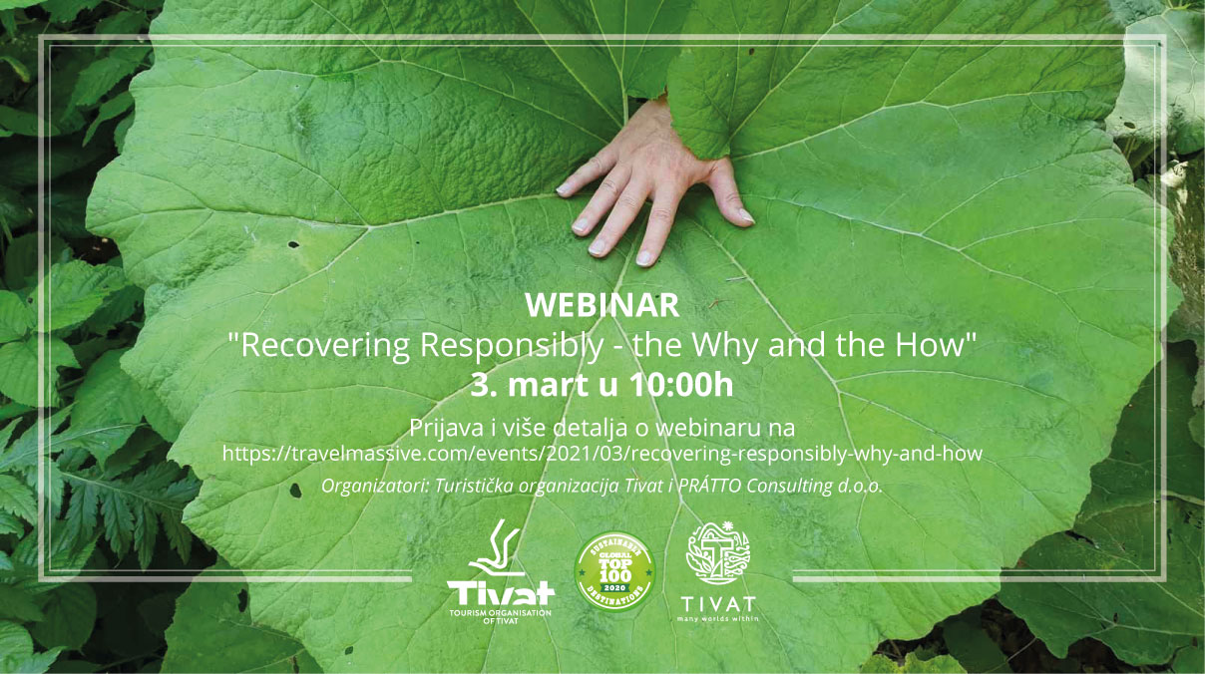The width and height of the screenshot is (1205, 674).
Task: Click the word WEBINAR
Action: tap(602, 305)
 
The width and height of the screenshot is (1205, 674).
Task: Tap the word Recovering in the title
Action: tap(325, 345)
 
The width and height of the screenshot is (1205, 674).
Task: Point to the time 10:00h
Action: tap(681, 386)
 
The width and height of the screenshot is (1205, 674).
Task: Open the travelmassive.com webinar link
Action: tap(602, 454)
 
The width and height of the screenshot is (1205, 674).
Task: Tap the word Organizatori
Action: tap(374, 487)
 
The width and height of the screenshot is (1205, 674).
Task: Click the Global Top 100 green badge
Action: tap(614, 572)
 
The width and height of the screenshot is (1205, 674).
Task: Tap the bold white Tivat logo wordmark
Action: tap(501, 593)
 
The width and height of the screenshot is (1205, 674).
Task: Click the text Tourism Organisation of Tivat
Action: tap(501, 617)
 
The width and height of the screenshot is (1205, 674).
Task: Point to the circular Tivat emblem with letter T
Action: tap(718, 552)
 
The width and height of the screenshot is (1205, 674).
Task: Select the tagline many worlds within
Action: tap(718, 618)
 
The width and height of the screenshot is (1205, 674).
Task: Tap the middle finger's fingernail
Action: tap(597, 247)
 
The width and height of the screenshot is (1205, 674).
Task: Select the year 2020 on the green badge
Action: tap(614, 588)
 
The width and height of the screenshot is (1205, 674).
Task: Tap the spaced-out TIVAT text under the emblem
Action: tap(718, 604)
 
